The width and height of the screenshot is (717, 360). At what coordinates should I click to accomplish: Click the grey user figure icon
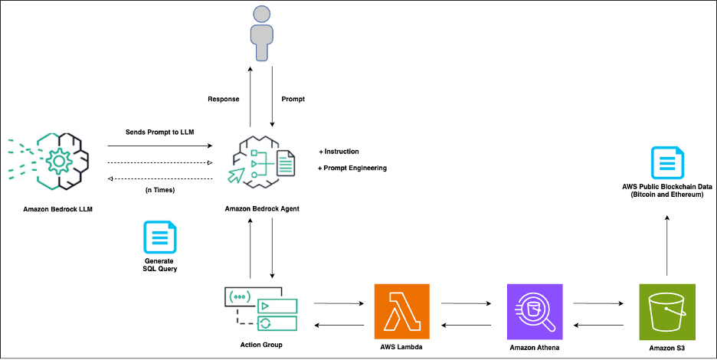coord(261,33)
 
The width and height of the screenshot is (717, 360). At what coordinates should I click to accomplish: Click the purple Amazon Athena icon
coord(535,311)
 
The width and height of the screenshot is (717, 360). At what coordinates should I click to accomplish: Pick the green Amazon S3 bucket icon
coord(666,311)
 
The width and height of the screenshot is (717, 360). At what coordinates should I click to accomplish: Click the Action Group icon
coord(260,309)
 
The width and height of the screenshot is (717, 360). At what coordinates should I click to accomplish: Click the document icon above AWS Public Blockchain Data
coord(666,163)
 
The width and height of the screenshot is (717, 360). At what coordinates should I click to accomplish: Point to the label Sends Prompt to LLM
coord(160,132)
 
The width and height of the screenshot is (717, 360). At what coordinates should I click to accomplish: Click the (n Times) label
coord(160,189)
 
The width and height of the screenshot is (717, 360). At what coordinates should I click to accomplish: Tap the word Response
coord(224,100)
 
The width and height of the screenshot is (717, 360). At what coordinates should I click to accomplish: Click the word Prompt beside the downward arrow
coord(293,100)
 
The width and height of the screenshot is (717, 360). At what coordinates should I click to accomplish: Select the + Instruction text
coord(339,152)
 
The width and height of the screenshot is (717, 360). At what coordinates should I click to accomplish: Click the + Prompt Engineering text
coord(352,168)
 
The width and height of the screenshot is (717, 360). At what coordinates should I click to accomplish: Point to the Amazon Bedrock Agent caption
coord(262,208)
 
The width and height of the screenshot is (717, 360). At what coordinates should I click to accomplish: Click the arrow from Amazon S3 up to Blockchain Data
coord(666,245)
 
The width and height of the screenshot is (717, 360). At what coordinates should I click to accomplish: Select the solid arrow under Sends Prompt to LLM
coord(160,146)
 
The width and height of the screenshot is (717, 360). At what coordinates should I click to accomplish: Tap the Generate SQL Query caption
coord(160,266)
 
